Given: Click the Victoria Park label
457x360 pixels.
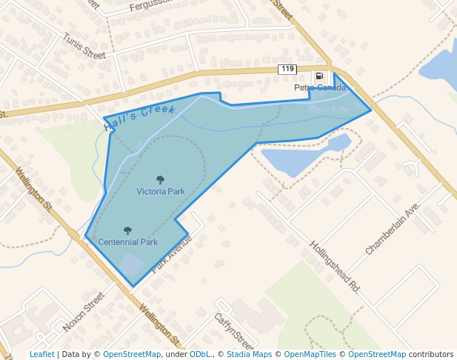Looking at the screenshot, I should point(161,191).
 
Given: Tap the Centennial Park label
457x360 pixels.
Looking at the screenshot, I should point(128,242).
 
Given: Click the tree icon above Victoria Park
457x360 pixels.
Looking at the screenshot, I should point(161,180).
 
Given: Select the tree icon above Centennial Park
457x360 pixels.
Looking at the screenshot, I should point(127,231).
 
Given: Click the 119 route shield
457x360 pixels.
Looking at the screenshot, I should point(287,70).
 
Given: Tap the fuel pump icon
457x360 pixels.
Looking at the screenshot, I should point(319,76).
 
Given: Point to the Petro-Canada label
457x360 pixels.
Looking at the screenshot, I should point(320,87).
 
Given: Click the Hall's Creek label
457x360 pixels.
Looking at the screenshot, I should point(140,118).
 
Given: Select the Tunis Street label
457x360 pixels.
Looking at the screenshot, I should point(84,45).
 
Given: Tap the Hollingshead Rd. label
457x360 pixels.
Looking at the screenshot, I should point(335,266).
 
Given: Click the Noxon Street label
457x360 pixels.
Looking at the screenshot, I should point(83,311).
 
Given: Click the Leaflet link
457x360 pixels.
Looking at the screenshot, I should point(41,354).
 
